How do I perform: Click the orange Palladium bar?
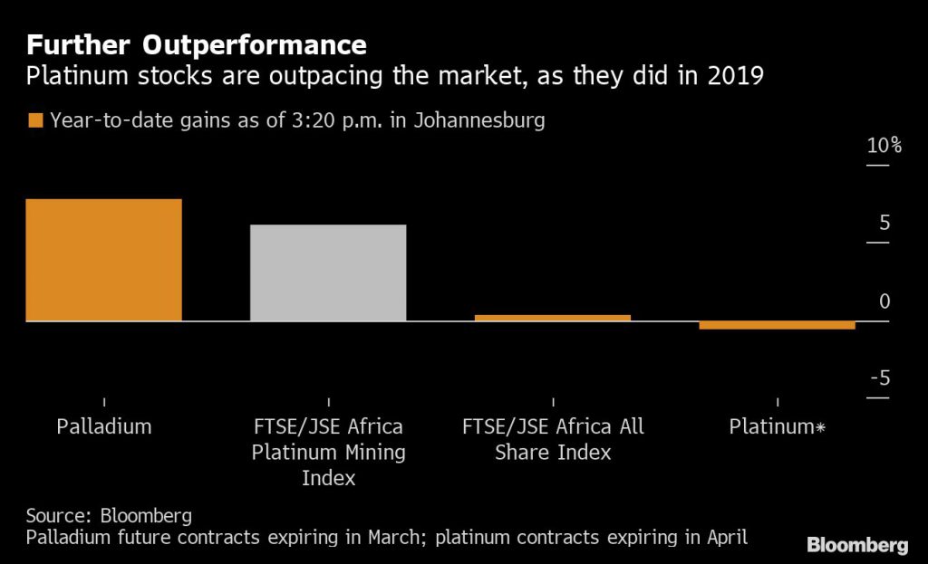[x=104, y=260]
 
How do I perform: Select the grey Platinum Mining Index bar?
[x=328, y=272]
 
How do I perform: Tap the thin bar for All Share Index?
[x=552, y=318]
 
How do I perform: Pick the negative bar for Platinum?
[x=777, y=325]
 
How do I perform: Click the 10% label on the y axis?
[x=883, y=147]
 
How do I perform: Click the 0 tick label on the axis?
[x=884, y=301]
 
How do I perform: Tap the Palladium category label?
[x=104, y=426]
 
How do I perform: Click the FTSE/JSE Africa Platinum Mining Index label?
[x=328, y=452]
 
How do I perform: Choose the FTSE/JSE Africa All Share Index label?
[x=552, y=439]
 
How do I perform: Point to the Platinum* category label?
[x=778, y=426]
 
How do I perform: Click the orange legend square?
[x=35, y=120]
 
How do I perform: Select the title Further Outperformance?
[x=197, y=44]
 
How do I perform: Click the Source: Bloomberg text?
[x=109, y=516]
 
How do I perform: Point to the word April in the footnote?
[x=724, y=539]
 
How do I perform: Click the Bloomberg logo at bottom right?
[x=857, y=544]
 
